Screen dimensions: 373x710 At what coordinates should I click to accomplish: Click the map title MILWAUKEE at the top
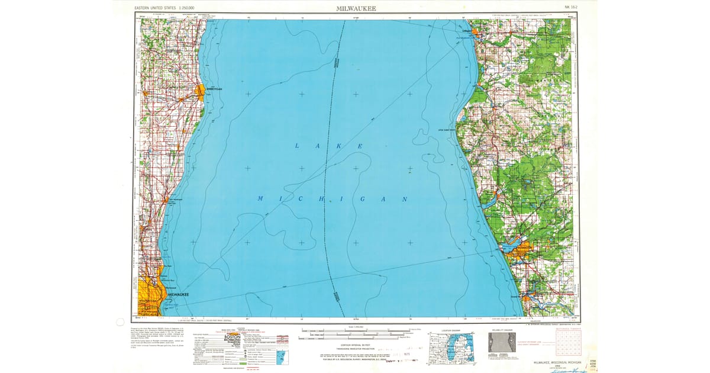pyautogui.click(x=355, y=9)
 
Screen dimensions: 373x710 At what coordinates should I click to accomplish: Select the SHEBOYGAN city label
pyautogui.click(x=214, y=88)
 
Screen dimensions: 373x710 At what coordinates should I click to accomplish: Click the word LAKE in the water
pyautogui.click(x=328, y=146)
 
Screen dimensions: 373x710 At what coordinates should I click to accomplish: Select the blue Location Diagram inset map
pyautogui.click(x=456, y=345)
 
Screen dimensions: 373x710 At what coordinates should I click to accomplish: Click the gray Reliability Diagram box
pyautogui.click(x=501, y=343)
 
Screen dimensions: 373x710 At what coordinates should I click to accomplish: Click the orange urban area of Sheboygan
pyautogui.click(x=201, y=92)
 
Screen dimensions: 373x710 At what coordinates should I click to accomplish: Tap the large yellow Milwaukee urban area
pyautogui.click(x=150, y=293)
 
